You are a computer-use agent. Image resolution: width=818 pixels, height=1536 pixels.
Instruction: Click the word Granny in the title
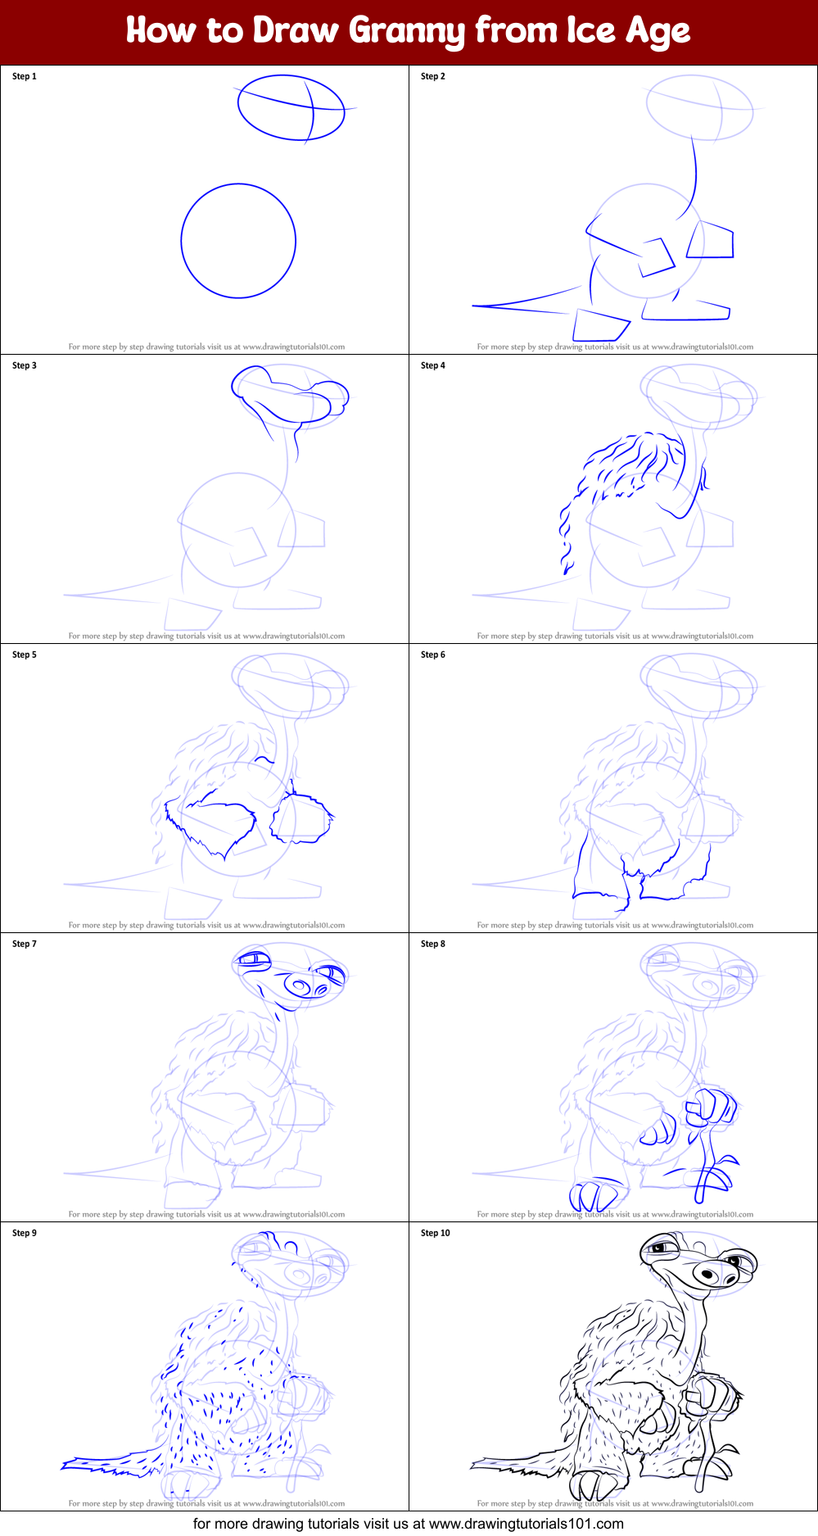click(x=408, y=31)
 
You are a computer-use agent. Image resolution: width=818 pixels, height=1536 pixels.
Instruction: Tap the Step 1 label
click(x=25, y=76)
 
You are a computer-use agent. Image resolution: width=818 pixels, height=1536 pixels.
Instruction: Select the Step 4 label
click(x=433, y=365)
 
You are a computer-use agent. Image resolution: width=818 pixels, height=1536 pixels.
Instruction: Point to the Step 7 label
click(x=25, y=944)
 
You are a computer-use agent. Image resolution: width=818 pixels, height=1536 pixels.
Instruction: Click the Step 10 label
click(x=436, y=1233)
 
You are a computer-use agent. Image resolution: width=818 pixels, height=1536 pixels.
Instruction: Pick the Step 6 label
click(x=433, y=655)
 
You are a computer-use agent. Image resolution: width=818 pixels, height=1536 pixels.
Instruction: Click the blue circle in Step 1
click(x=181, y=241)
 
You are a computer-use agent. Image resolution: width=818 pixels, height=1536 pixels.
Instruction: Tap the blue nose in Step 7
click(x=298, y=983)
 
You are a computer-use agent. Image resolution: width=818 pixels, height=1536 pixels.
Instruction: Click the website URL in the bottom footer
click(x=526, y=1524)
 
